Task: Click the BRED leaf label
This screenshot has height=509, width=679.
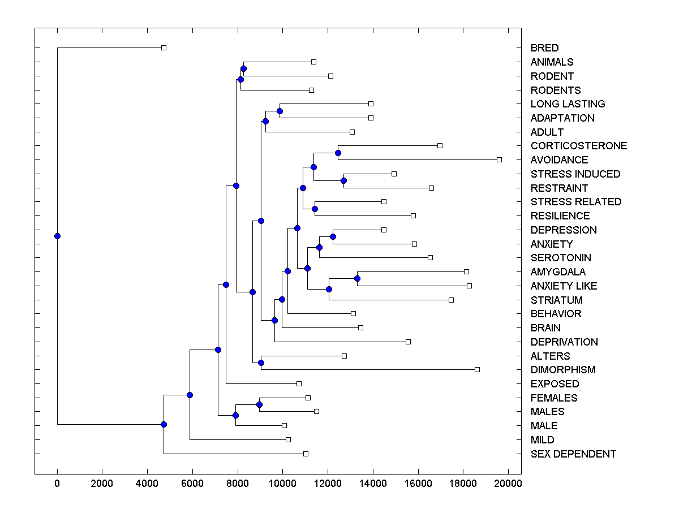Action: [544, 48]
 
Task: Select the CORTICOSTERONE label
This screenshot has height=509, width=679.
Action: [579, 146]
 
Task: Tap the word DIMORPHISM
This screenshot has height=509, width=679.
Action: [563, 370]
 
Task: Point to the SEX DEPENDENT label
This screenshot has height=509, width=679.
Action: [573, 454]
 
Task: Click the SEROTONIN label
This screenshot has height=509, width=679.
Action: [561, 258]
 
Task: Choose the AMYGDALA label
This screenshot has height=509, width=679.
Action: [558, 272]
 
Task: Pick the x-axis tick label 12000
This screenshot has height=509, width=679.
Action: [328, 482]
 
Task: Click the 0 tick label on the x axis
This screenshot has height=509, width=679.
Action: [57, 482]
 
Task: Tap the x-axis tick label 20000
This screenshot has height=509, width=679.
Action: [508, 482]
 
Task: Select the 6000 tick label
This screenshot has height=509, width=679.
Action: [192, 482]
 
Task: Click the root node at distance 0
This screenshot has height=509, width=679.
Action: [57, 236]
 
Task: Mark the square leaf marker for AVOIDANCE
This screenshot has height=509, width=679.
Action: [499, 160]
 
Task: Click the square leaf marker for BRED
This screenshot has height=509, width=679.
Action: [164, 48]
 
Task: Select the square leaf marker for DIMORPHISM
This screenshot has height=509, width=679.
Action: [477, 370]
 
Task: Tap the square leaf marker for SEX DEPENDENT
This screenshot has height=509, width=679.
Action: [306, 454]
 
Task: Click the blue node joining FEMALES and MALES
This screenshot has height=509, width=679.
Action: [259, 404]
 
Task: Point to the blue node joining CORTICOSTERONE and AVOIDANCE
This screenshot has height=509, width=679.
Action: [338, 153]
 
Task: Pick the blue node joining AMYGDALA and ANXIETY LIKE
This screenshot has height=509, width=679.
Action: [357, 278]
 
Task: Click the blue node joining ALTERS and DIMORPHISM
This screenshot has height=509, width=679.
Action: [261, 363]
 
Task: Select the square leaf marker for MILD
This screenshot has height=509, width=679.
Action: [288, 439]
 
